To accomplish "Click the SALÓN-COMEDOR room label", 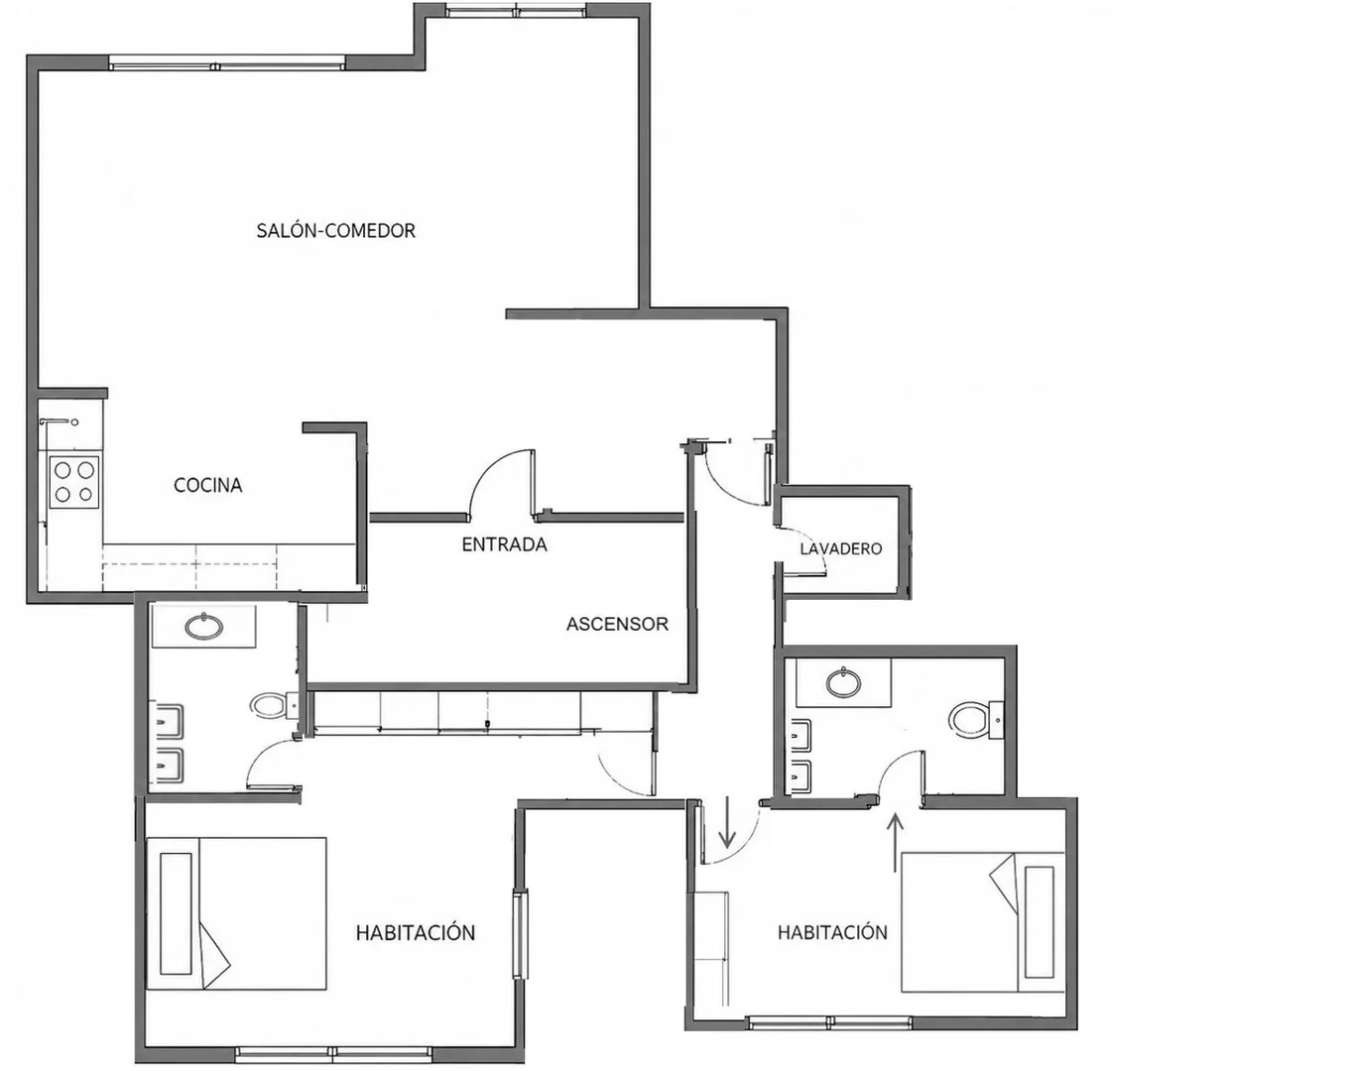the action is [x=336, y=230].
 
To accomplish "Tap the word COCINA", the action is [x=207, y=485].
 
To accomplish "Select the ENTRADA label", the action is [x=504, y=544].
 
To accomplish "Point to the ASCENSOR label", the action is [x=617, y=624].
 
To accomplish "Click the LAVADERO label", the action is [x=840, y=548].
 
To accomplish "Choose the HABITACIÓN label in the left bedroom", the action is [x=416, y=933].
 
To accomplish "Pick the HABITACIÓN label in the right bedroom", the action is [x=832, y=933].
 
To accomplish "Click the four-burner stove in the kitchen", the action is [x=74, y=481].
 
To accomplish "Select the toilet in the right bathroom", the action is [x=975, y=719].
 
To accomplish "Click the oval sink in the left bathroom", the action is [x=204, y=626].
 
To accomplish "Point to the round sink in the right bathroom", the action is [x=843, y=683].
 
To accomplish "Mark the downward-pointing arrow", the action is [x=727, y=822].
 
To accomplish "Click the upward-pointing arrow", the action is [x=896, y=843].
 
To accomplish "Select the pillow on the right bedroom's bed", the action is [x=1039, y=922].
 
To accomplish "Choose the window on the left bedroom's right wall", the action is [x=521, y=934].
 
